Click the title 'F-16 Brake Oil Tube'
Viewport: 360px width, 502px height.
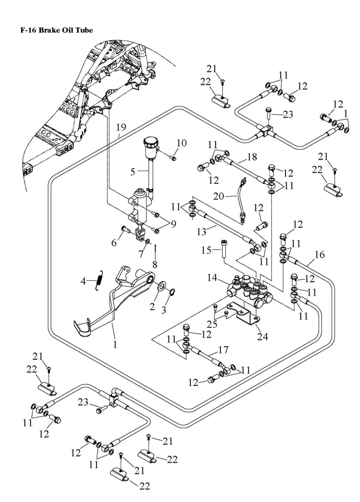pos(57,31)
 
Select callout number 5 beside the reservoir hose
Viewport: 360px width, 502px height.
pos(133,172)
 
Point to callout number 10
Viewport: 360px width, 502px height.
pos(182,143)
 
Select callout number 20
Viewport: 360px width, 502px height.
pos(218,196)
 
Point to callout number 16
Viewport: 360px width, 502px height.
pos(320,254)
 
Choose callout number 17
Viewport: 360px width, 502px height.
pos(223,350)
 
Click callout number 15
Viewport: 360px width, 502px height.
pos(206,250)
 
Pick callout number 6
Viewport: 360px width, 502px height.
pos(114,242)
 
